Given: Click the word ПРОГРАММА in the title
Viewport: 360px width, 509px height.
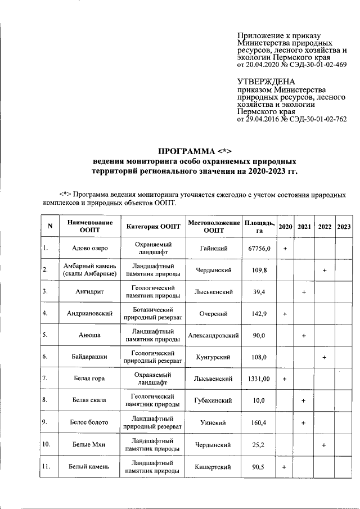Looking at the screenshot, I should click(x=184, y=151).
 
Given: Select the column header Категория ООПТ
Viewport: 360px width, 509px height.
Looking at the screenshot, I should click(x=154, y=226).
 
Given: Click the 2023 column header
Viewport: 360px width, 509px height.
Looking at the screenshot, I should click(x=343, y=226).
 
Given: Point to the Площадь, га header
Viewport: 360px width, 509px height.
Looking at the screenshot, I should click(x=259, y=226).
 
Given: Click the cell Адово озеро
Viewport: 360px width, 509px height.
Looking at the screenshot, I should click(x=90, y=248).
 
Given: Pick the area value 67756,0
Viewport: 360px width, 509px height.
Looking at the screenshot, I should click(x=259, y=248).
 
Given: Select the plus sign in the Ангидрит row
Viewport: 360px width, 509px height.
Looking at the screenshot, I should click(x=304, y=292).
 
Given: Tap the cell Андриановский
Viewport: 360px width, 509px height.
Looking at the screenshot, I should click(x=90, y=313).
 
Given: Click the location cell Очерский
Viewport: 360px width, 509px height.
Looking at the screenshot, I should click(x=214, y=313).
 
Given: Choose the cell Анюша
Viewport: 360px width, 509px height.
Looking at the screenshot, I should click(x=90, y=335).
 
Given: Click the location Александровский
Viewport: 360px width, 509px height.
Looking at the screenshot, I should click(x=214, y=335).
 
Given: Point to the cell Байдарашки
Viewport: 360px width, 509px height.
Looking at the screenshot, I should click(x=90, y=357).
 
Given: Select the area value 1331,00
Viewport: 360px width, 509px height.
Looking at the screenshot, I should click(x=259, y=379).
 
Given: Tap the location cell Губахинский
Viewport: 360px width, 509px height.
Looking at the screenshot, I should click(x=214, y=401).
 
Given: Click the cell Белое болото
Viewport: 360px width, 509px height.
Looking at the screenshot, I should click(x=90, y=422).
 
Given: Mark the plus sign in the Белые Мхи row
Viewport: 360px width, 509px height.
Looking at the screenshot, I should click(x=325, y=445).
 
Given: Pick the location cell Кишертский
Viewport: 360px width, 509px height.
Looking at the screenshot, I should click(x=214, y=466).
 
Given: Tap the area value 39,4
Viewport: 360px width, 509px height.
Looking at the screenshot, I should click(x=259, y=292).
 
